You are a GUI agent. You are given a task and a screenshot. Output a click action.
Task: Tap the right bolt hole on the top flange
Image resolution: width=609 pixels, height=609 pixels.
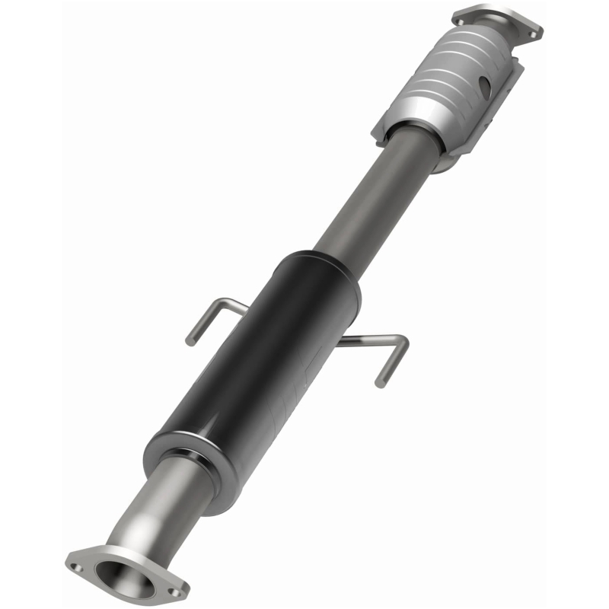click(x=534, y=33)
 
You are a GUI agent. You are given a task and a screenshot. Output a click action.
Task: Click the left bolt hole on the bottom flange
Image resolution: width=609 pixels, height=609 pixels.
click(x=75, y=566)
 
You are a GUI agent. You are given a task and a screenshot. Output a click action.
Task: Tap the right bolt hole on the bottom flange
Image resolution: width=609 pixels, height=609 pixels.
click(x=177, y=590)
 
